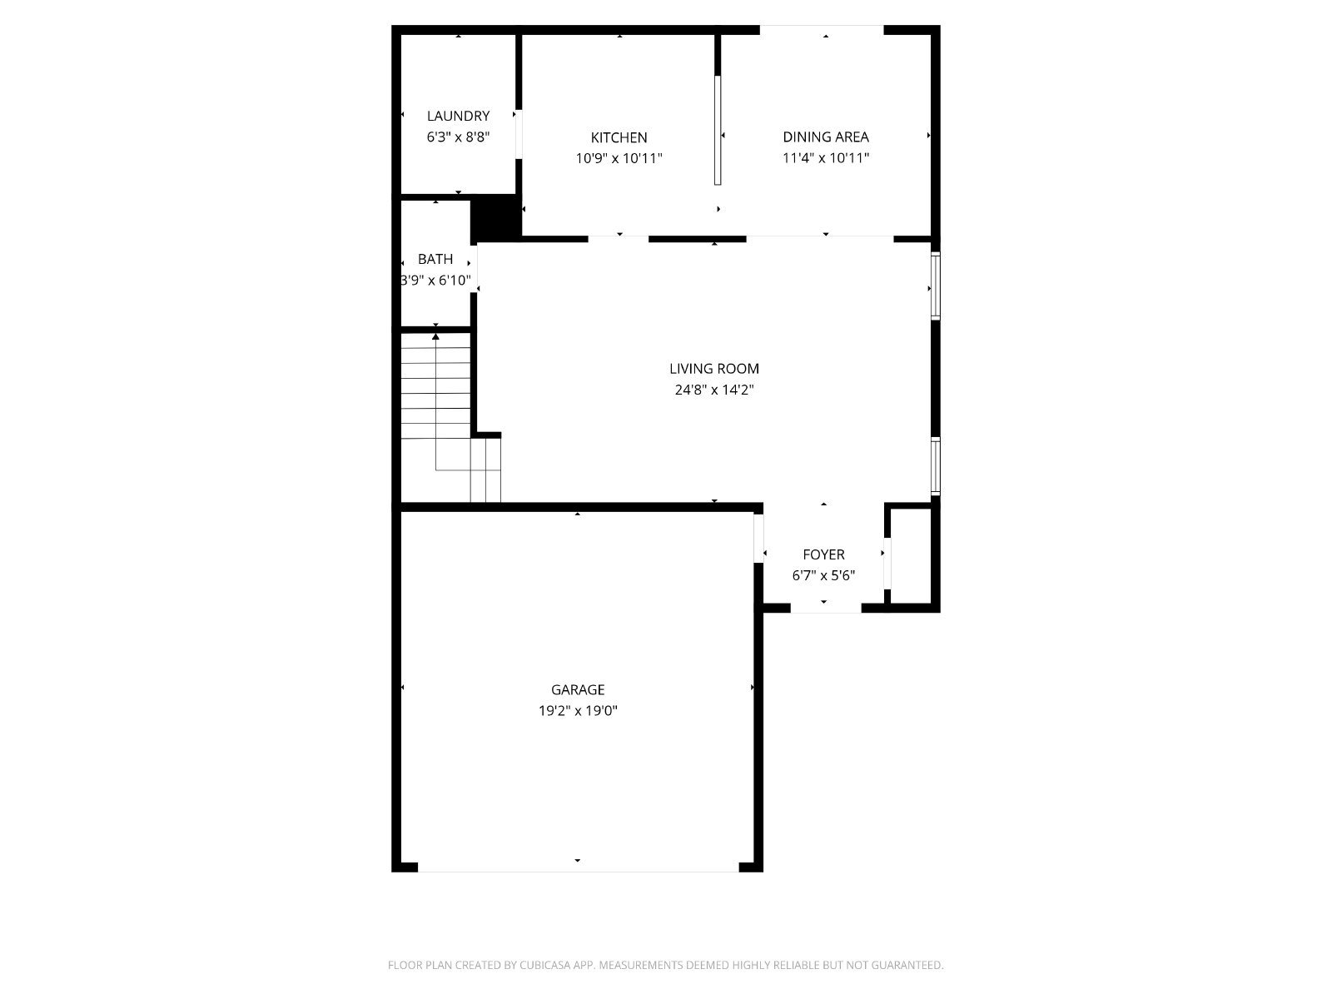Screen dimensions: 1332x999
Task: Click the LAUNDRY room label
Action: [458, 116]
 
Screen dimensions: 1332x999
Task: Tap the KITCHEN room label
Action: [619, 137]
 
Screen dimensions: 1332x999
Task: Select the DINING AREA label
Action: [826, 137]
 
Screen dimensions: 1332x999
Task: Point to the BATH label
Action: [435, 259]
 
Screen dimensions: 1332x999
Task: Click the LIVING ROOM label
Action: [714, 369]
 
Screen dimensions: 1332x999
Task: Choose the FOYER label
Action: [823, 554]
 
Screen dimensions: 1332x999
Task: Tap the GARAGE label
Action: [578, 689]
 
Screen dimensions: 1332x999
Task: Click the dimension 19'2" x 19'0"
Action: [578, 710]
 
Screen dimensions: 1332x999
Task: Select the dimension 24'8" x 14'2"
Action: [714, 390]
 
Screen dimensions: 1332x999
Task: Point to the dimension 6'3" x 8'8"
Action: [458, 137]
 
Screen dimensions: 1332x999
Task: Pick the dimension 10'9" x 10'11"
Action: [619, 158]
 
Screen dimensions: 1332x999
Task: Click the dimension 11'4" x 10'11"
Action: [826, 157]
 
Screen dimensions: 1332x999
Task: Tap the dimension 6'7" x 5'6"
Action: [823, 575]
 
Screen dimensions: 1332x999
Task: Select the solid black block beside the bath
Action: [496, 218]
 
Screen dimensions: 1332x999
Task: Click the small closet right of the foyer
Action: [911, 555]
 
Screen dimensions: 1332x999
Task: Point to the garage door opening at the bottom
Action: [578, 867]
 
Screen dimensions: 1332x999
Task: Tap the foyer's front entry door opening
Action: [826, 609]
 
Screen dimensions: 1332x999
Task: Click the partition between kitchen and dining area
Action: [718, 130]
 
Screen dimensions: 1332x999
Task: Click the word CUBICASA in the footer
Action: [545, 965]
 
